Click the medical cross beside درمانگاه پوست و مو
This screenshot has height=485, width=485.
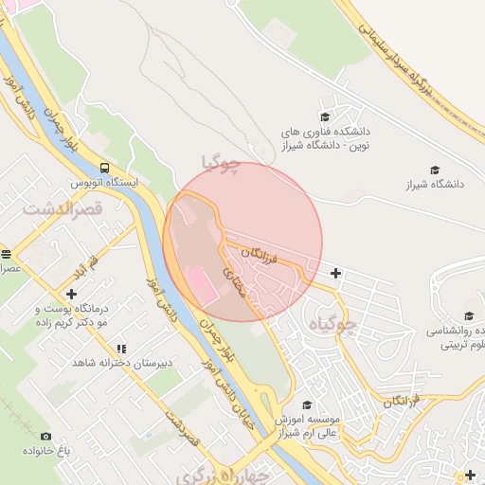click(x=71, y=294)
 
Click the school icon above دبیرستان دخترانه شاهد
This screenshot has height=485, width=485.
click(x=120, y=348)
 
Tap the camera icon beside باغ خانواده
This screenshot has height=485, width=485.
click(x=45, y=436)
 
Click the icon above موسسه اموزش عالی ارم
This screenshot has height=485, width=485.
click(x=307, y=404)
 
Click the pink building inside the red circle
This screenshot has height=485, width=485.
click(x=201, y=284)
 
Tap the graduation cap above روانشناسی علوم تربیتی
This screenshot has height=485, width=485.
click(x=468, y=316)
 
